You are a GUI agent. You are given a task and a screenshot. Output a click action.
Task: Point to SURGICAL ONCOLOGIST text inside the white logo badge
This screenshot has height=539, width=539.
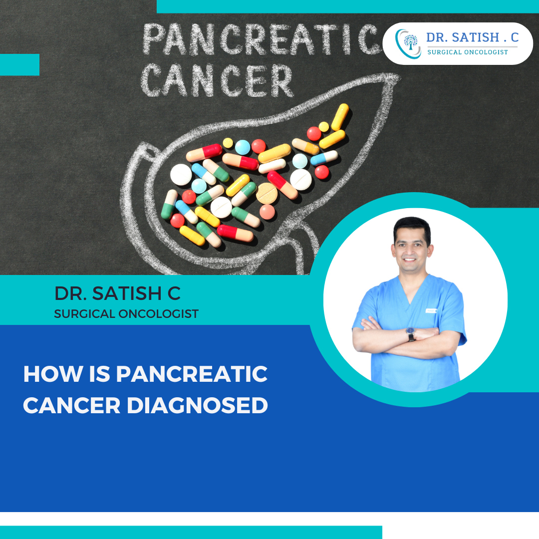[x=467, y=52]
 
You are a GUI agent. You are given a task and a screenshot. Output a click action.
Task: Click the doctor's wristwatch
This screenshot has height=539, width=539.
[x=411, y=334]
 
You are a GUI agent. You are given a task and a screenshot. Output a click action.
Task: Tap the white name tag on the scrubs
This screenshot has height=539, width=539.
[x=431, y=310]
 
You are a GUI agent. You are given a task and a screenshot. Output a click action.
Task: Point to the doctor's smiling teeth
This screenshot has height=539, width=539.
[x=409, y=260]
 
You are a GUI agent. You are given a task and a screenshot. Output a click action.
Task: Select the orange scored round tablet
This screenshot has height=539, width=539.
[x=267, y=193]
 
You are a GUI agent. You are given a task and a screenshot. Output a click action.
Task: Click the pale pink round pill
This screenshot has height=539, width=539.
[x=268, y=212]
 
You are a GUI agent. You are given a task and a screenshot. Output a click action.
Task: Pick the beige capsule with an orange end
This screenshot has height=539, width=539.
[x=305, y=146]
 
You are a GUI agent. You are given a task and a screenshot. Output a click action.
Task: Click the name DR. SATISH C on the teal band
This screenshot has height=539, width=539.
[x=117, y=293]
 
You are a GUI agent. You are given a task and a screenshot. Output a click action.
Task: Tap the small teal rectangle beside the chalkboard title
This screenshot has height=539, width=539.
[x=19, y=64]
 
